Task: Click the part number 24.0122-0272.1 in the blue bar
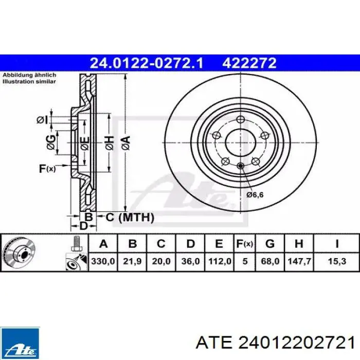point(147,63)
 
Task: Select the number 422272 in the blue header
point(249,63)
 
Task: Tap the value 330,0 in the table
point(103,261)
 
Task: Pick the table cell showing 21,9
point(132,261)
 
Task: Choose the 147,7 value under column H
point(299,261)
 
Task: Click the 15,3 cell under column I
point(337,261)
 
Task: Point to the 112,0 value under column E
point(220,261)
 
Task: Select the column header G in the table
point(270,244)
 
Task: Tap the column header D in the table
point(191,244)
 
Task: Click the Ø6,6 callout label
point(255,195)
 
